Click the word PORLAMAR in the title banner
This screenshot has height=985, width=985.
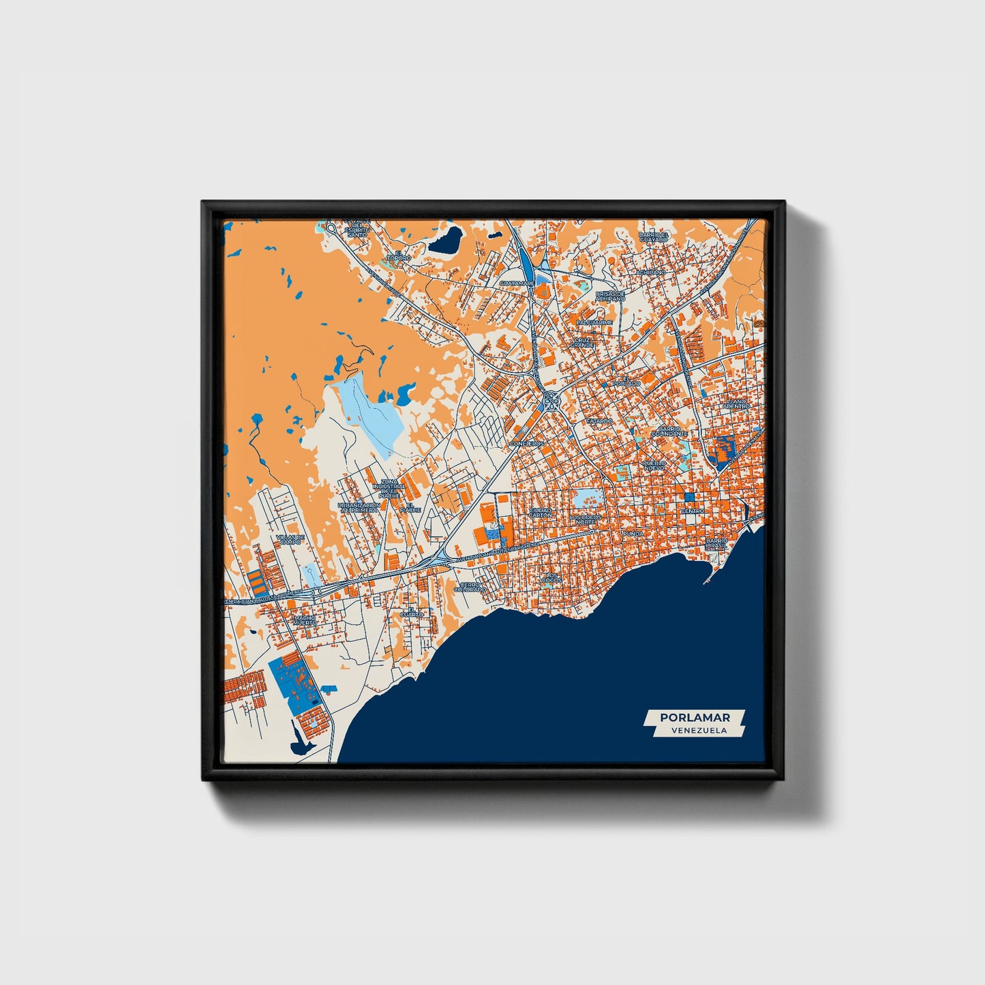(x=695, y=717)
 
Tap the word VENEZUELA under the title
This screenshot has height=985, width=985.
(x=698, y=730)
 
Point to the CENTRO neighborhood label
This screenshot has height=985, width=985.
(x=693, y=511)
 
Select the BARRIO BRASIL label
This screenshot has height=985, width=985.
(x=716, y=543)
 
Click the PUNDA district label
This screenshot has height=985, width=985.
(x=633, y=533)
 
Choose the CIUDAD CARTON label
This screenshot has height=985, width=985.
(x=540, y=512)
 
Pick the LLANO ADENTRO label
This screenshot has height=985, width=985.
(x=737, y=404)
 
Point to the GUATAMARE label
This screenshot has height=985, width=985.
(x=516, y=282)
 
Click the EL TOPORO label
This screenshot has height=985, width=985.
(x=399, y=256)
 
